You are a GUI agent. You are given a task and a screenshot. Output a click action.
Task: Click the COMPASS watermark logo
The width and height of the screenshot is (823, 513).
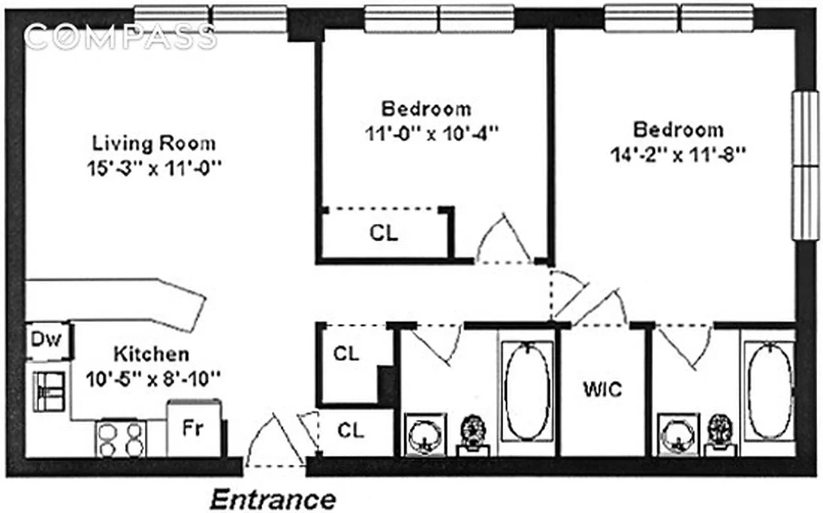click(x=119, y=37)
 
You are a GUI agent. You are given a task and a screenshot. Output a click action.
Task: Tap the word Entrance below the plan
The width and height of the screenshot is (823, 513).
click(x=273, y=499)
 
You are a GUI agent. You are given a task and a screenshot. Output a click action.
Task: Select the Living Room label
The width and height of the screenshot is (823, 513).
click(x=154, y=142)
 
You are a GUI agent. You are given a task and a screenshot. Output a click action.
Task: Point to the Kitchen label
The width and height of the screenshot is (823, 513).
click(x=151, y=354)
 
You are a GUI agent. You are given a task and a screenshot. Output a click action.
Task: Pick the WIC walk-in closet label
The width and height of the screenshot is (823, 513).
click(x=602, y=389)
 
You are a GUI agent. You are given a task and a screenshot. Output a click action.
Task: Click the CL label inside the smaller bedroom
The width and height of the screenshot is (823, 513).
click(x=384, y=233)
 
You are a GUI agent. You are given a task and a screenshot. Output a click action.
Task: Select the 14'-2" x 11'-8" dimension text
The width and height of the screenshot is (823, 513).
click(x=678, y=155)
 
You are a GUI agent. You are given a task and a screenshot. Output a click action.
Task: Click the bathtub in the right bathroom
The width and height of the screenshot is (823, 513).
click(x=769, y=391)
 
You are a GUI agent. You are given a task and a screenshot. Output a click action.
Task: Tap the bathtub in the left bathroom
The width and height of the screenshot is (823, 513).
click(x=527, y=391)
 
